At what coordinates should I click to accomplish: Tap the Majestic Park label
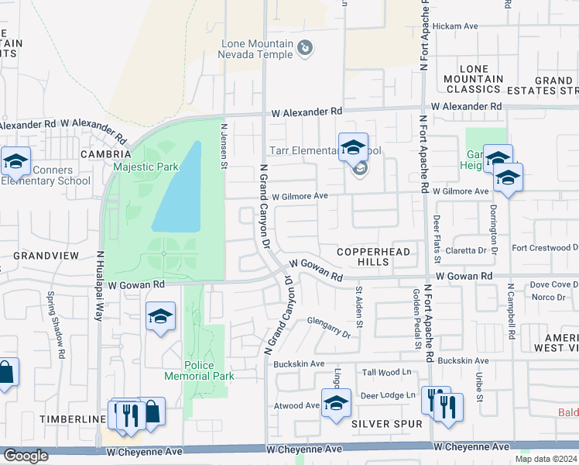pyautogui.click(x=146, y=167)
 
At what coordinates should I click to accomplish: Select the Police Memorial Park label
pyautogui.click(x=199, y=370)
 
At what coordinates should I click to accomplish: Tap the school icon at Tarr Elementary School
pyautogui.click(x=353, y=146)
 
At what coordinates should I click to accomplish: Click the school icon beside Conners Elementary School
pyautogui.click(x=15, y=162)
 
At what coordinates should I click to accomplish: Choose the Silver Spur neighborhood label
pyautogui.click(x=387, y=424)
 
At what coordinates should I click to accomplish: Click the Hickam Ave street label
pyautogui.click(x=455, y=26)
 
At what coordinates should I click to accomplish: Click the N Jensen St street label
pyautogui.click(x=223, y=147)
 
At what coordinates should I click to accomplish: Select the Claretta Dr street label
pyautogui.click(x=471, y=250)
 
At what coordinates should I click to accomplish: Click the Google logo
pyautogui.click(x=26, y=456)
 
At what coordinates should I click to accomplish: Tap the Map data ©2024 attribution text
pyautogui.click(x=546, y=459)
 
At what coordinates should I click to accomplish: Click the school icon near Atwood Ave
pyautogui.click(x=336, y=403)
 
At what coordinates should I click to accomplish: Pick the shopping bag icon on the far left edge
pyautogui.click(x=5, y=373)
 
